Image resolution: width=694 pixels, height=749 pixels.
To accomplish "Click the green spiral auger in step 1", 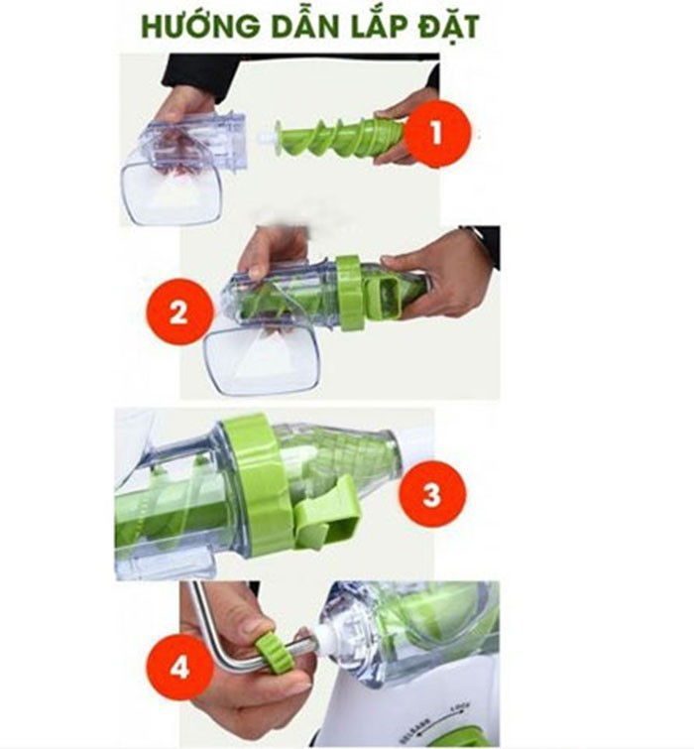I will click(x=337, y=138).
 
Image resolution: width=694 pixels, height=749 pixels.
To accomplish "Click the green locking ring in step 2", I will click(x=350, y=292).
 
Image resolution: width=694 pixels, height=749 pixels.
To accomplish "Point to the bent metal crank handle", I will click(x=213, y=635).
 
